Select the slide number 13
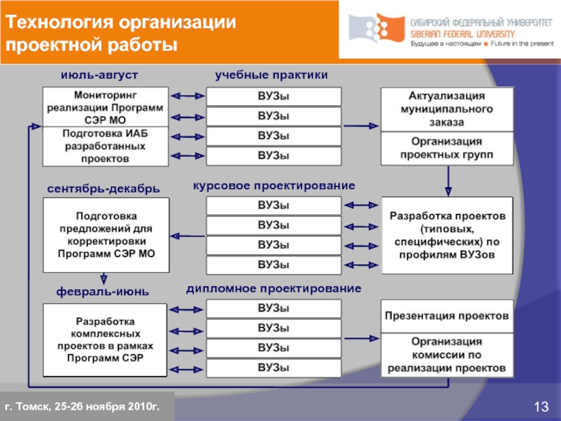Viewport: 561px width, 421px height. tap(541, 408)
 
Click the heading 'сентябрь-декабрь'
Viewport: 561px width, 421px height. tap(104, 189)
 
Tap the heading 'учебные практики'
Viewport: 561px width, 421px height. tap(271, 74)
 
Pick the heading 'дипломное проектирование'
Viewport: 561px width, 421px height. tap(273, 288)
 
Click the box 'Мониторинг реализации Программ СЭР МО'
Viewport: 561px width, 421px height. tap(106, 106)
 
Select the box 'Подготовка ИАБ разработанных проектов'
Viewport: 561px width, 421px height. tap(106, 146)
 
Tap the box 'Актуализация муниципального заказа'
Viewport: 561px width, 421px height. tap(447, 108)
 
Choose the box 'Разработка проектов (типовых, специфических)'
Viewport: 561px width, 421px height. tap(447, 234)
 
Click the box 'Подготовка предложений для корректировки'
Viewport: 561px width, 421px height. tap(106, 234)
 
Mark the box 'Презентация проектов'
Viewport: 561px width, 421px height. tap(447, 316)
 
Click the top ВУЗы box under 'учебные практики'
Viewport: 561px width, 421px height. tap(273, 96)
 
